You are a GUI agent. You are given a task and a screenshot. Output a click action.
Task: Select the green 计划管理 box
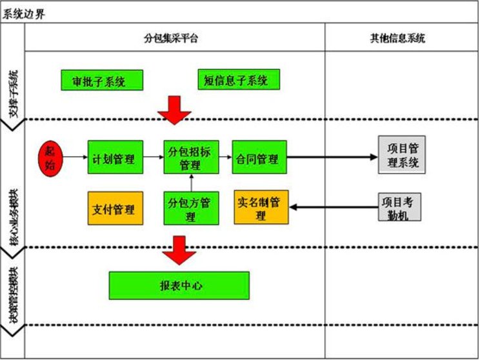(x=114, y=157)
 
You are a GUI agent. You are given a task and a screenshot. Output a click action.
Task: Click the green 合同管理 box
(x=259, y=157)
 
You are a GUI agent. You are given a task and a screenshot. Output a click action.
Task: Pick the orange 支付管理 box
(x=114, y=208)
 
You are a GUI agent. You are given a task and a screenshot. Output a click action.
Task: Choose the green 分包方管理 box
(x=190, y=208)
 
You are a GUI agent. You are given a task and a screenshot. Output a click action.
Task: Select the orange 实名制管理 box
(x=261, y=207)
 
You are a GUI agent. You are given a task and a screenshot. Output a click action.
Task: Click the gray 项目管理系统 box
(x=402, y=155)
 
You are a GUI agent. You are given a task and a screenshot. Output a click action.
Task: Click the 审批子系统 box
(x=101, y=80)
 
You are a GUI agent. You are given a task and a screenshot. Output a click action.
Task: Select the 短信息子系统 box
(x=239, y=80)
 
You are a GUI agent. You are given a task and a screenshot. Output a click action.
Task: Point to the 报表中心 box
(x=179, y=285)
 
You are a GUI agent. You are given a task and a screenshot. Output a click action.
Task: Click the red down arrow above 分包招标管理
(x=175, y=110)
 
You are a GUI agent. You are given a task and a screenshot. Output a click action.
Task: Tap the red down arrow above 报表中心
(x=179, y=250)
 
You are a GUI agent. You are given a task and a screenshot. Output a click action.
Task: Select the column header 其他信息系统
(x=401, y=38)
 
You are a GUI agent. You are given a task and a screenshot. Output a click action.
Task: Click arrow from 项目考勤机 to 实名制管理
(x=332, y=206)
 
